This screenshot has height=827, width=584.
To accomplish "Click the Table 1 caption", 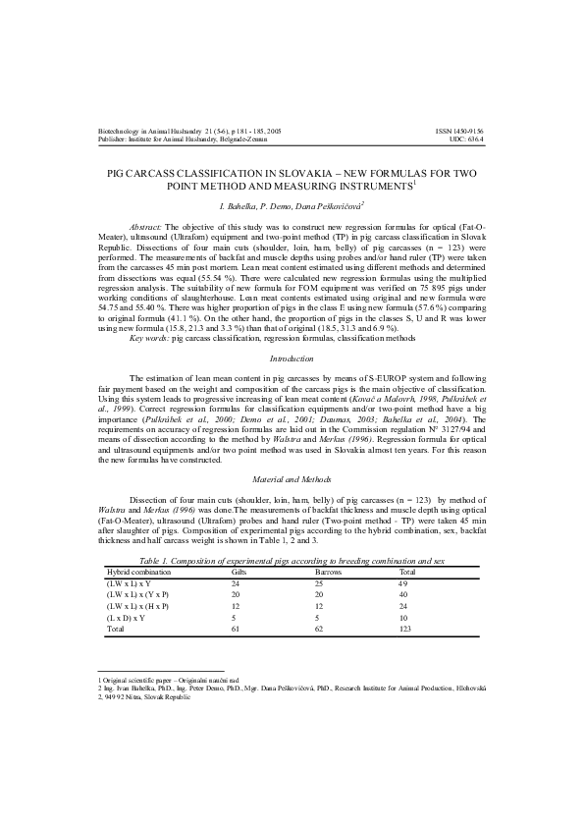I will [292, 559].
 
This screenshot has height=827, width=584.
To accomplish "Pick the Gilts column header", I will [239, 570].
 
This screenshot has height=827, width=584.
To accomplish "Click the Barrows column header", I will [328, 570].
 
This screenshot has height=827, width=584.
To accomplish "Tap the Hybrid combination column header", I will [138, 570].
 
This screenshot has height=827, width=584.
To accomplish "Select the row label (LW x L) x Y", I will [129, 582].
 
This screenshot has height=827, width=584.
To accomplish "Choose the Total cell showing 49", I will [403, 582].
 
